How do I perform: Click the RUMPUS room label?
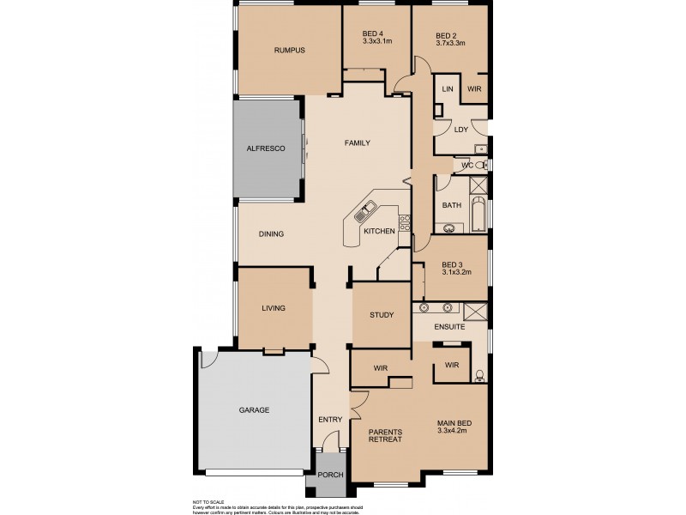click(289, 51)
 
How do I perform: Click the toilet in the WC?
click(481, 164)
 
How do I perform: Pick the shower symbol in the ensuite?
click(475, 311)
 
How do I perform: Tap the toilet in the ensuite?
click(479, 373)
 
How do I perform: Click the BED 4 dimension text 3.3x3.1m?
click(376, 41)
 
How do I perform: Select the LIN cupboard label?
click(446, 89)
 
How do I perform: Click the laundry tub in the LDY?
click(480, 148)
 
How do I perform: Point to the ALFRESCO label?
click(266, 148)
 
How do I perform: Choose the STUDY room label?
click(382, 315)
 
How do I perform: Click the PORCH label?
click(330, 475)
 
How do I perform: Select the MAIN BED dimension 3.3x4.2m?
click(450, 432)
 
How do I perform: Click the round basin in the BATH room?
click(449, 227)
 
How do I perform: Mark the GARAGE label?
click(254, 410)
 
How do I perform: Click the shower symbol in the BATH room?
click(478, 185)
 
